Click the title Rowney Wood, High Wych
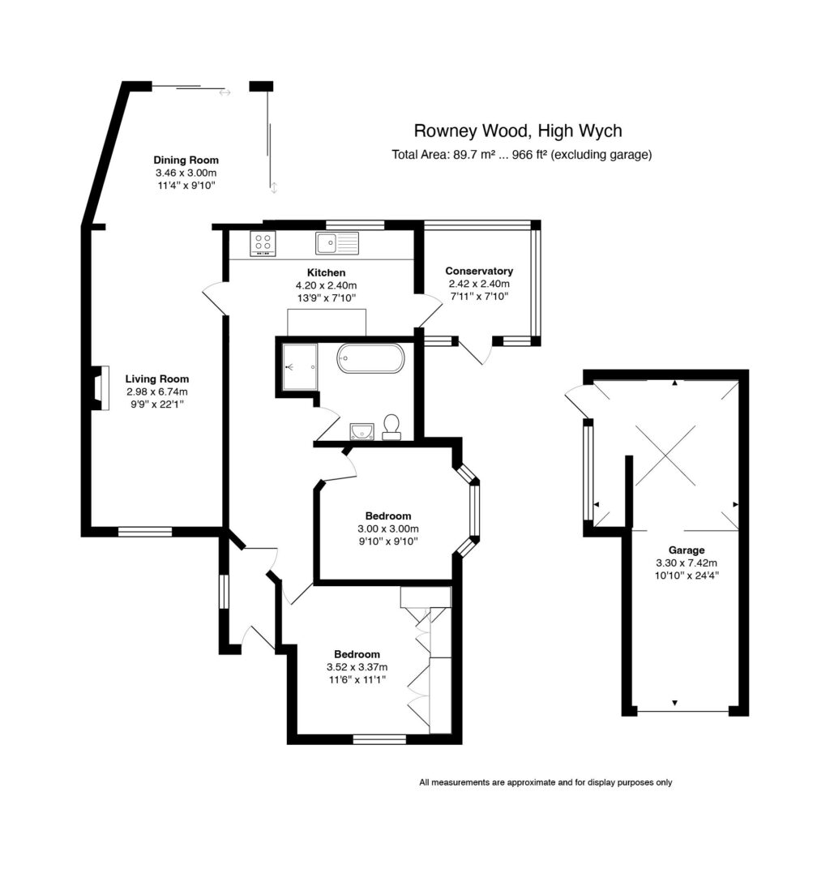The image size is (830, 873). [x=518, y=131]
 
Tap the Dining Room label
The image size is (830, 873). [x=186, y=160]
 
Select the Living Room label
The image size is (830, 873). [x=157, y=379]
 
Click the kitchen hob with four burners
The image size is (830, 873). [x=263, y=243]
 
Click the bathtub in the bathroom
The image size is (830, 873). [x=369, y=358]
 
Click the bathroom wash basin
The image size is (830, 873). [x=362, y=430]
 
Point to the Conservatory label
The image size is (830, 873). [x=479, y=271]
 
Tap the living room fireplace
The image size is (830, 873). [x=99, y=388]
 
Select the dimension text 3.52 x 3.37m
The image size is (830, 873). [x=357, y=667]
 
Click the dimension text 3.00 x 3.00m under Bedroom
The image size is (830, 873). [x=387, y=529]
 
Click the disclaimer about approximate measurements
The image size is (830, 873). [x=545, y=782]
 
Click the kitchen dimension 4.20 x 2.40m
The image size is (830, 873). [x=326, y=285]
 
